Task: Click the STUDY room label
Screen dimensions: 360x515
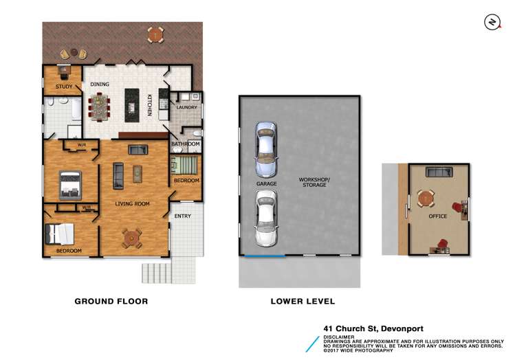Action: (65, 87)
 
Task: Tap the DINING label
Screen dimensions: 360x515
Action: (100, 85)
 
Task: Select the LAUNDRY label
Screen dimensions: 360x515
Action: (186, 107)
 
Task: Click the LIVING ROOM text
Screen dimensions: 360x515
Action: (132, 204)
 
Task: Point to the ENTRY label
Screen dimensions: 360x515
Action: (182, 216)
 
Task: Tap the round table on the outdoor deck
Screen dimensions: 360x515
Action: (157, 33)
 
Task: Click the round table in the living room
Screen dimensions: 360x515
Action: (131, 238)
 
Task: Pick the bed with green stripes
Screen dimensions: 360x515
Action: (184, 166)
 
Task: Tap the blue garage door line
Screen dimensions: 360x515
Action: (265, 257)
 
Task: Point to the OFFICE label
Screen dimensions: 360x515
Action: (437, 216)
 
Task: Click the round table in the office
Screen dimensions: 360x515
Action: (427, 199)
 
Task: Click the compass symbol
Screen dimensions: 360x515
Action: (491, 23)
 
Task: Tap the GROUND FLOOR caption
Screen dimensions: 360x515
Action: (111, 301)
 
